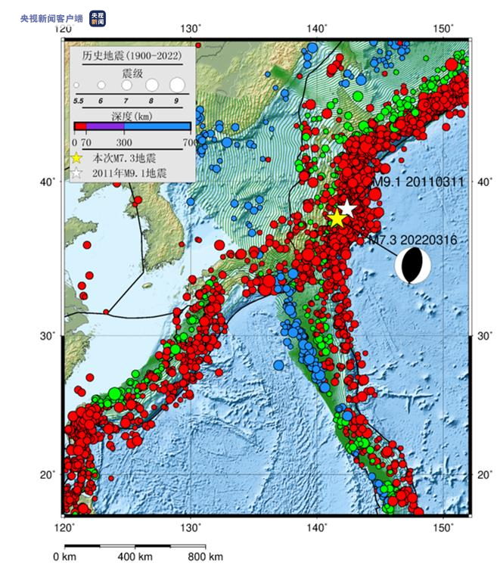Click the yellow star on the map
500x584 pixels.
337,219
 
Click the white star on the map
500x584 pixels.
346,208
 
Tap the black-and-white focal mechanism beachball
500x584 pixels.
412,266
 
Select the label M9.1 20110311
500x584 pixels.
418,182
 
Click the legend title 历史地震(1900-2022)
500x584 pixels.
127,56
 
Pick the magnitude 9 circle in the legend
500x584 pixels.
176,85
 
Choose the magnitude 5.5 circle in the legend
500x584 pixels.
77,85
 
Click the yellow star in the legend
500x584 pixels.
76,158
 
